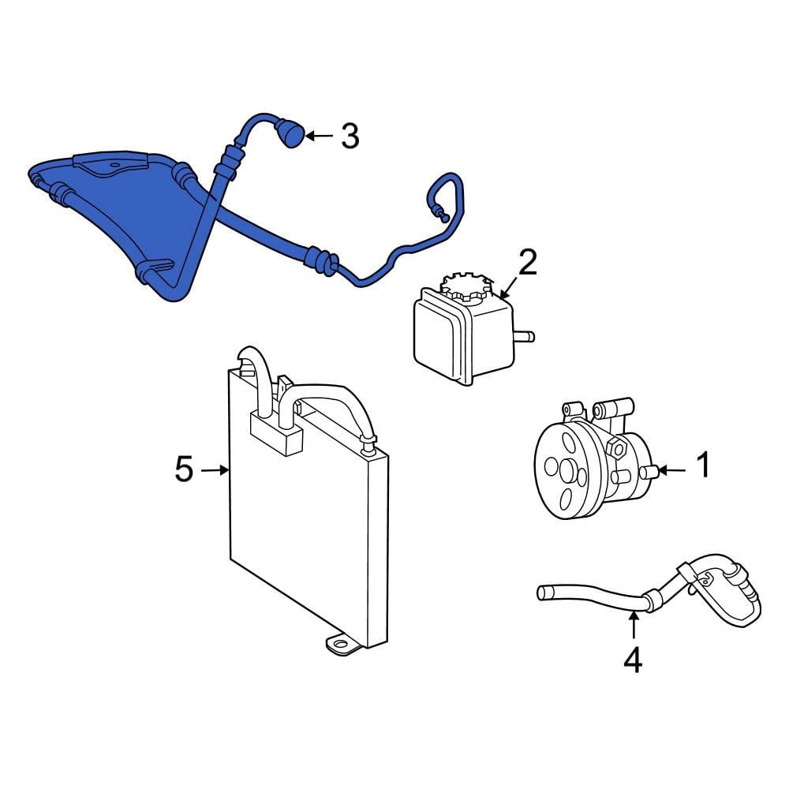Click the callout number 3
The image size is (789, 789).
click(x=350, y=136)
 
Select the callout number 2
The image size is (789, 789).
click(x=527, y=262)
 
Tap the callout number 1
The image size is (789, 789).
click(x=701, y=466)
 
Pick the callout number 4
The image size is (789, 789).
click(x=633, y=660)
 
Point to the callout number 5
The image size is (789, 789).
click(x=183, y=470)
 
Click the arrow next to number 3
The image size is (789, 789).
click(x=319, y=136)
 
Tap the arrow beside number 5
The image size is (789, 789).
click(x=215, y=470)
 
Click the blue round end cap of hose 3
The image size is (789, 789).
click(x=291, y=135)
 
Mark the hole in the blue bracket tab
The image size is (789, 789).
click(x=115, y=166)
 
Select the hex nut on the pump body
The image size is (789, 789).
click(x=617, y=451)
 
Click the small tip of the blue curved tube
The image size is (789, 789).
click(x=443, y=217)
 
